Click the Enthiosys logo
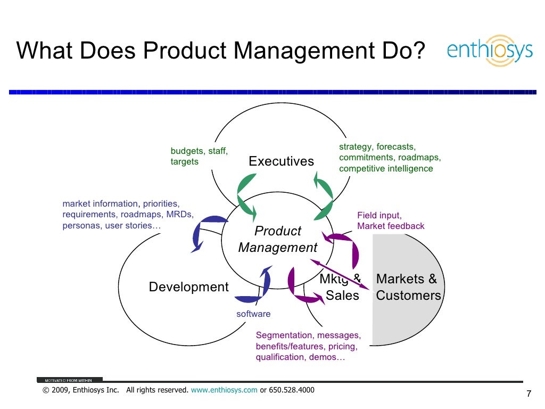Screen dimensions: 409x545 point(490,51)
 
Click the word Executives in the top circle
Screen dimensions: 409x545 point(281,161)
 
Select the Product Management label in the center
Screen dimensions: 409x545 point(277,239)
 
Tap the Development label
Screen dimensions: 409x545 point(188,288)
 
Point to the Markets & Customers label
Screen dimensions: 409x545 point(408,287)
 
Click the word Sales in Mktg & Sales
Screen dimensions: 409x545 point(342,296)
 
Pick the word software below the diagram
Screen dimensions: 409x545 point(253,314)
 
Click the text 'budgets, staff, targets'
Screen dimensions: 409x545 point(199,156)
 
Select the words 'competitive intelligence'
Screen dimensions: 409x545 point(386,169)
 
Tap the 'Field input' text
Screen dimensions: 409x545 point(379,215)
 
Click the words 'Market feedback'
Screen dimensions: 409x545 point(391,226)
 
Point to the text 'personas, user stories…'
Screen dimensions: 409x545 point(111,226)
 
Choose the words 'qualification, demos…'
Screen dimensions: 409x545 point(300,357)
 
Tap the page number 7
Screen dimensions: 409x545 point(529,394)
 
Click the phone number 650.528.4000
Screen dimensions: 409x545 point(292,390)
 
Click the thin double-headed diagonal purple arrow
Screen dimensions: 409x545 point(341,274)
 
